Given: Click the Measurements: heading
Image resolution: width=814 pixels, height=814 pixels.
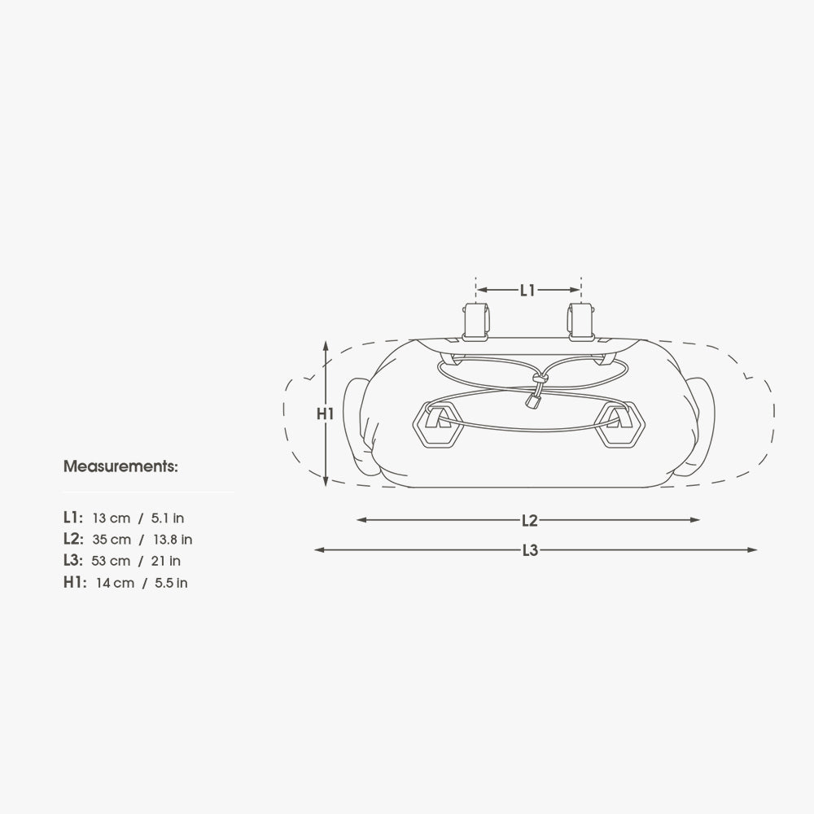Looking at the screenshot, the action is coord(120,466).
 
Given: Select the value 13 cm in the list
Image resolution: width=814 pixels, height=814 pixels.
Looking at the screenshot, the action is coord(111,518).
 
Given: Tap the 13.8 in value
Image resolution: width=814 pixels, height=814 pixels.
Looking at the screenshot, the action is coord(173,540).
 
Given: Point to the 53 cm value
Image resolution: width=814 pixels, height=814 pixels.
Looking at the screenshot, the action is coord(111,561).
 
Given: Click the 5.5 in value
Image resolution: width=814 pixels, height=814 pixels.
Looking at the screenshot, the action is coord(171,583).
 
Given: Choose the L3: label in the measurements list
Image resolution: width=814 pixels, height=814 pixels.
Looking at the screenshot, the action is coord(73,561).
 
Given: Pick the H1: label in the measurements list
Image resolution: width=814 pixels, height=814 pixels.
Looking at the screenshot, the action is coord(75,583).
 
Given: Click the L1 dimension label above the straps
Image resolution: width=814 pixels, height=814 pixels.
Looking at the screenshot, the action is coord(527,291).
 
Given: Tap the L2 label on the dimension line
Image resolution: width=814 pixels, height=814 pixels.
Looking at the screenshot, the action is coord(530,521).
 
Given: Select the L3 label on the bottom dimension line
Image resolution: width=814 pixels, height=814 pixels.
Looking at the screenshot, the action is coord(530,551).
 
